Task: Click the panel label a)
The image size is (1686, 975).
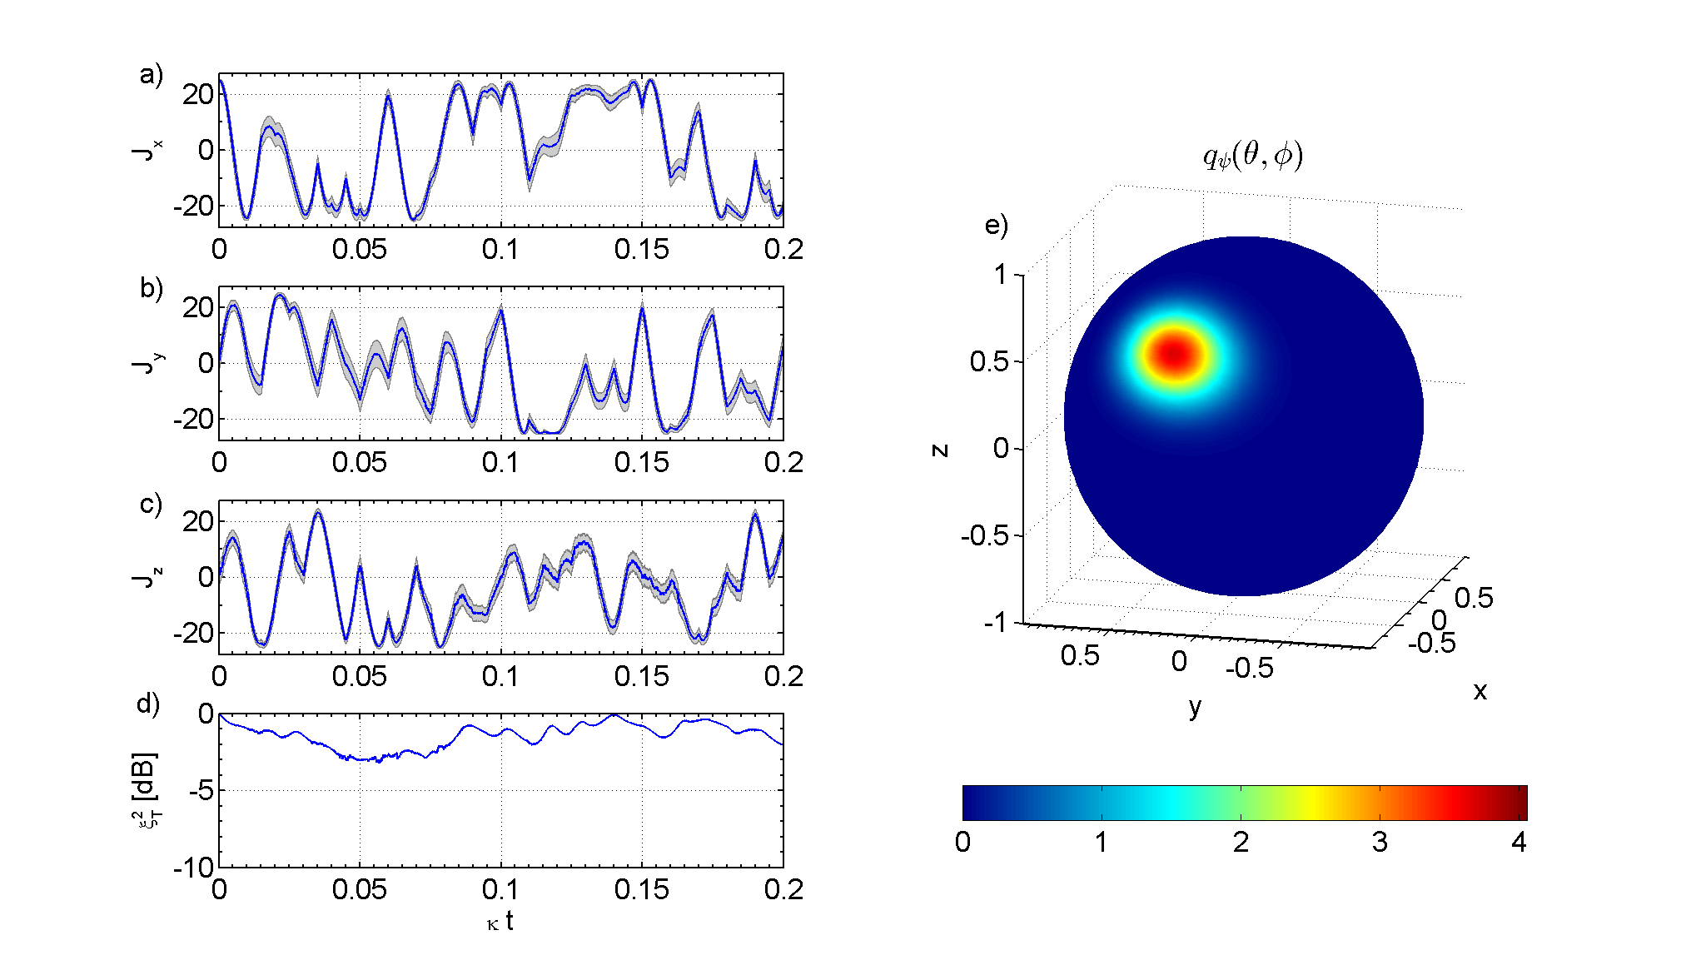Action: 151,75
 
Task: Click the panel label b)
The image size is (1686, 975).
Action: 151,288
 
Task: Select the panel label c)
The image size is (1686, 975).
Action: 151,504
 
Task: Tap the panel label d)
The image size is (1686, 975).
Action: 147,704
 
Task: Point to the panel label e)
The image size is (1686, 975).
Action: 996,225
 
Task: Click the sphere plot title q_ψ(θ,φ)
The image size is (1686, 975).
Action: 1252,156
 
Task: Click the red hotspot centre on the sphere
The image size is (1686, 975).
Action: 1175,354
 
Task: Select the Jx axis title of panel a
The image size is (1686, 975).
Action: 147,150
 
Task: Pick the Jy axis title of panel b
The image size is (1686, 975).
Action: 147,363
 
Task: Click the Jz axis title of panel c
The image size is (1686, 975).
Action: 147,577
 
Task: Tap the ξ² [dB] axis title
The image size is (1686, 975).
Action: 146,791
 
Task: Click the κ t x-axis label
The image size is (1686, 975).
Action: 500,922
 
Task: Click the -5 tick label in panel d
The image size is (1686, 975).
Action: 201,791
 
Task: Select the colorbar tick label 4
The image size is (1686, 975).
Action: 1519,843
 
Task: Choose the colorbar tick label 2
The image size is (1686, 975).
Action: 1241,843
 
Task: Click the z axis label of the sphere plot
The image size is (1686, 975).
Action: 940,450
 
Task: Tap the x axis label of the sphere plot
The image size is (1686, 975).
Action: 1480,691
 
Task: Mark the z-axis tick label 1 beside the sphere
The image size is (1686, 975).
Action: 1000,274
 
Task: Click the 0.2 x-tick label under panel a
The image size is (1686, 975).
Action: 783,249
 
